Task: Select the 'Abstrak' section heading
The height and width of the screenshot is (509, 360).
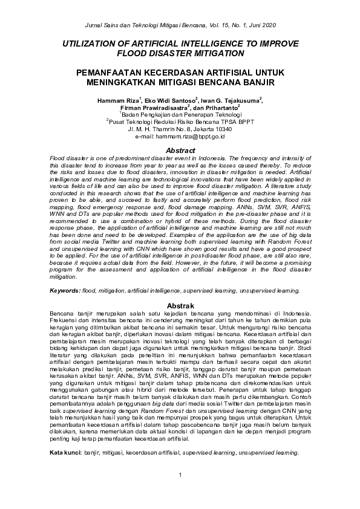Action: click(180, 306)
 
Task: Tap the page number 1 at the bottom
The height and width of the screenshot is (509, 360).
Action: click(180, 491)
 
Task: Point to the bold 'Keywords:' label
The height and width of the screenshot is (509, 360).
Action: click(65, 291)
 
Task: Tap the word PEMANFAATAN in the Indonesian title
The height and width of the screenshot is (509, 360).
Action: click(108, 72)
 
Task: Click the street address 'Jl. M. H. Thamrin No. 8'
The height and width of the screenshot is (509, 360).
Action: click(157, 129)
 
